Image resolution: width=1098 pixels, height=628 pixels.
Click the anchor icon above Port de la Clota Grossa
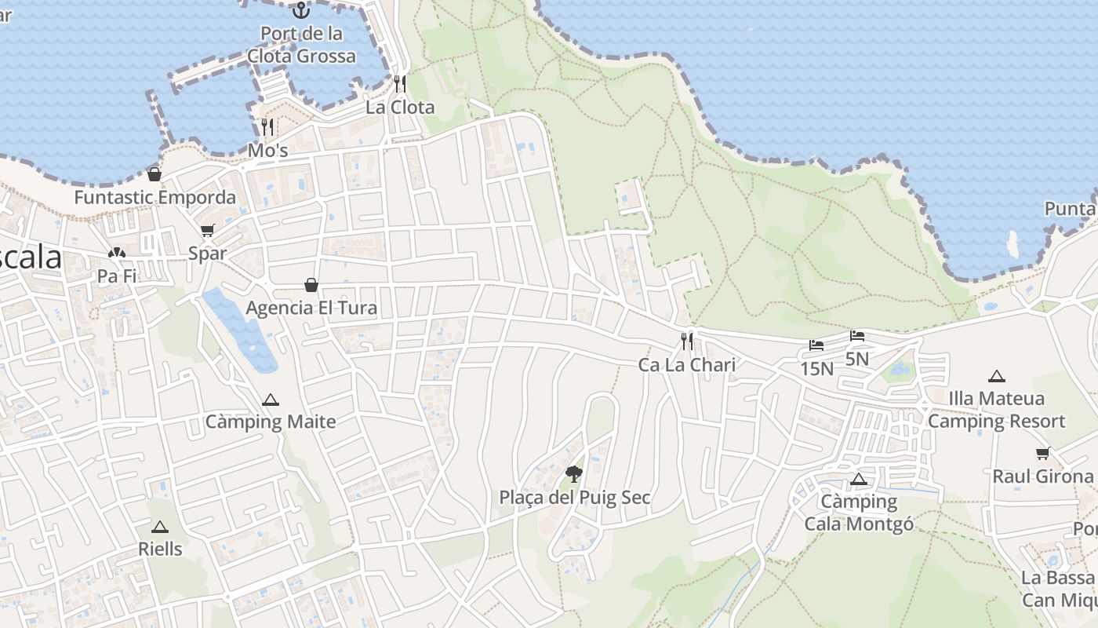point(300,10)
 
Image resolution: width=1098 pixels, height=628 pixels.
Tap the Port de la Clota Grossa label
point(302,45)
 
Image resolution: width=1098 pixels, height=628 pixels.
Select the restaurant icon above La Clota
point(400,83)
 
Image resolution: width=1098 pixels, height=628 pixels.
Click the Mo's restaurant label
point(268,150)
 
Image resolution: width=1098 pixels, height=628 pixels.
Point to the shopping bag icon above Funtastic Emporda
point(155,174)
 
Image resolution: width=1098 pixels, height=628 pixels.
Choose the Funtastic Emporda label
point(155,197)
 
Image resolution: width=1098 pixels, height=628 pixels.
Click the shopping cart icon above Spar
point(207,231)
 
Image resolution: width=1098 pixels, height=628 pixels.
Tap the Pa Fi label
point(117,276)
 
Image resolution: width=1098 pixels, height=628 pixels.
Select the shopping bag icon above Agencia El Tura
point(311,284)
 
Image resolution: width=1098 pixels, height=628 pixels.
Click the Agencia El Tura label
point(311,308)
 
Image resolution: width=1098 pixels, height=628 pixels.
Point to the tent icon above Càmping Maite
point(271,400)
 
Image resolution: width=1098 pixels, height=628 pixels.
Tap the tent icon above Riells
point(160,527)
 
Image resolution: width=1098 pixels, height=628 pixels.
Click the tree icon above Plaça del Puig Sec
point(574,473)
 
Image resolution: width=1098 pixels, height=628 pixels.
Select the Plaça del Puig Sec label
point(575,498)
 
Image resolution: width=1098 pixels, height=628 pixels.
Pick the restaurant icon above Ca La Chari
point(687,341)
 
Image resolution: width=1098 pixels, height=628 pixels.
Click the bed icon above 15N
point(816,345)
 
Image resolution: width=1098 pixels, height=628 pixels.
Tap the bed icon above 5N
point(857,336)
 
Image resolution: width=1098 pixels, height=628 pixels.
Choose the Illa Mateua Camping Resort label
point(997,410)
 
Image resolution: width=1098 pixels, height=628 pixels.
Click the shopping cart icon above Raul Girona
point(1042,453)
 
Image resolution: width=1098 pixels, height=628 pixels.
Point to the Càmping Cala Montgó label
point(859,513)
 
